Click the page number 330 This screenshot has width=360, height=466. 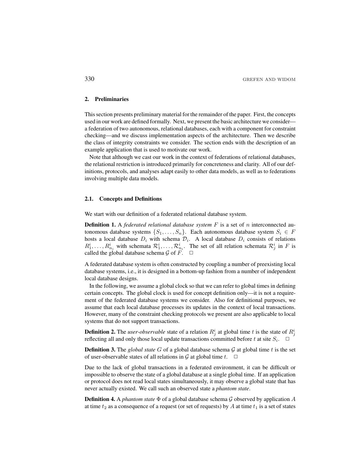(x=89, y=79)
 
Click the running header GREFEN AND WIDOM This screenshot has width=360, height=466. (x=269, y=80)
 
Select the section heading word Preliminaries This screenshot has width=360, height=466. (x=112, y=99)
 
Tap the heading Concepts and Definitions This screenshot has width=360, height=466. (x=130, y=199)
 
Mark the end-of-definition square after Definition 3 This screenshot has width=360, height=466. (x=235, y=357)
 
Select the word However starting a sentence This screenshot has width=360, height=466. (x=95, y=314)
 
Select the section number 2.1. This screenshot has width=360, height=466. (x=89, y=199)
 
